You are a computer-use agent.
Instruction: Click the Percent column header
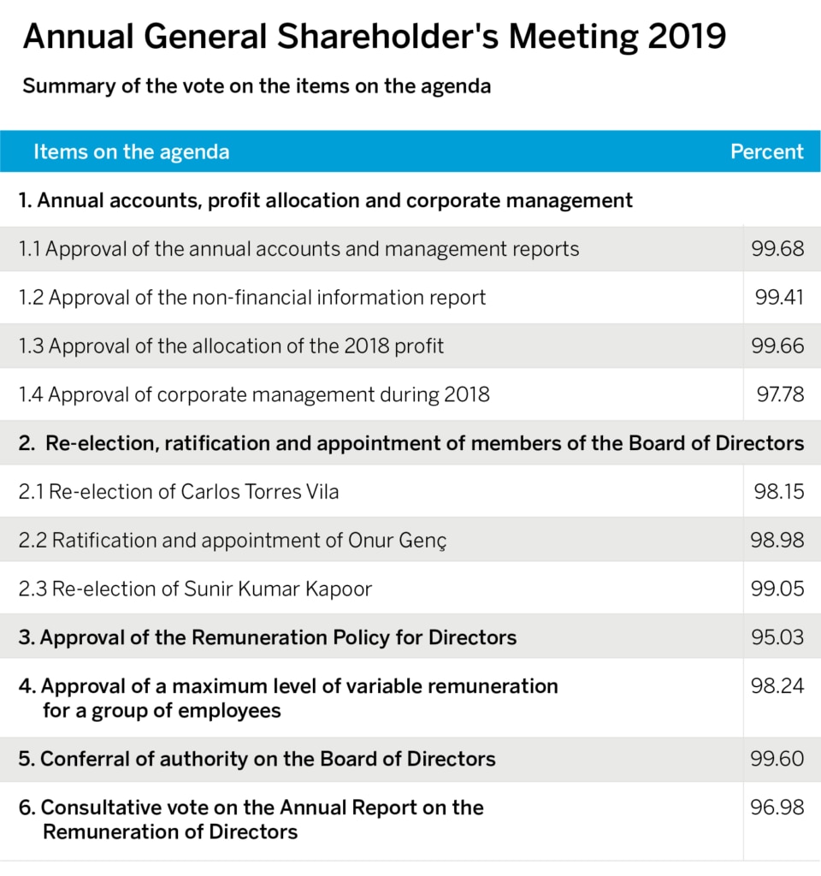(767, 151)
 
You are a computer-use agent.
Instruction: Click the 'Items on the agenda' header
(131, 152)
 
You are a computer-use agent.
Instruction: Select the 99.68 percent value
(777, 249)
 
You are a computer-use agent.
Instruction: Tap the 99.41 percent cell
(779, 297)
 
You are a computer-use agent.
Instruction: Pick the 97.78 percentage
(780, 394)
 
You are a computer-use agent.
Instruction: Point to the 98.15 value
(778, 492)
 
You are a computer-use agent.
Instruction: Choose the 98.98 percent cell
(777, 541)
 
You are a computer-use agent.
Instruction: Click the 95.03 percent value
(777, 637)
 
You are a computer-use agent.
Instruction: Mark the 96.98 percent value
(777, 808)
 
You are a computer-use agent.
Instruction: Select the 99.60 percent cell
(777, 759)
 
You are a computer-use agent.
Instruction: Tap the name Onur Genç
(397, 541)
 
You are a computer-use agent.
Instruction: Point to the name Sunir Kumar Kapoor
(278, 589)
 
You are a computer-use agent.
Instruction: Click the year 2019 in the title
(687, 37)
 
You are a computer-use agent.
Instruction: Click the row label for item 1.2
(252, 298)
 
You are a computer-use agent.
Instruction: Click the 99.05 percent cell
(777, 589)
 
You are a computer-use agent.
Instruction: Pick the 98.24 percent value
(777, 686)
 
